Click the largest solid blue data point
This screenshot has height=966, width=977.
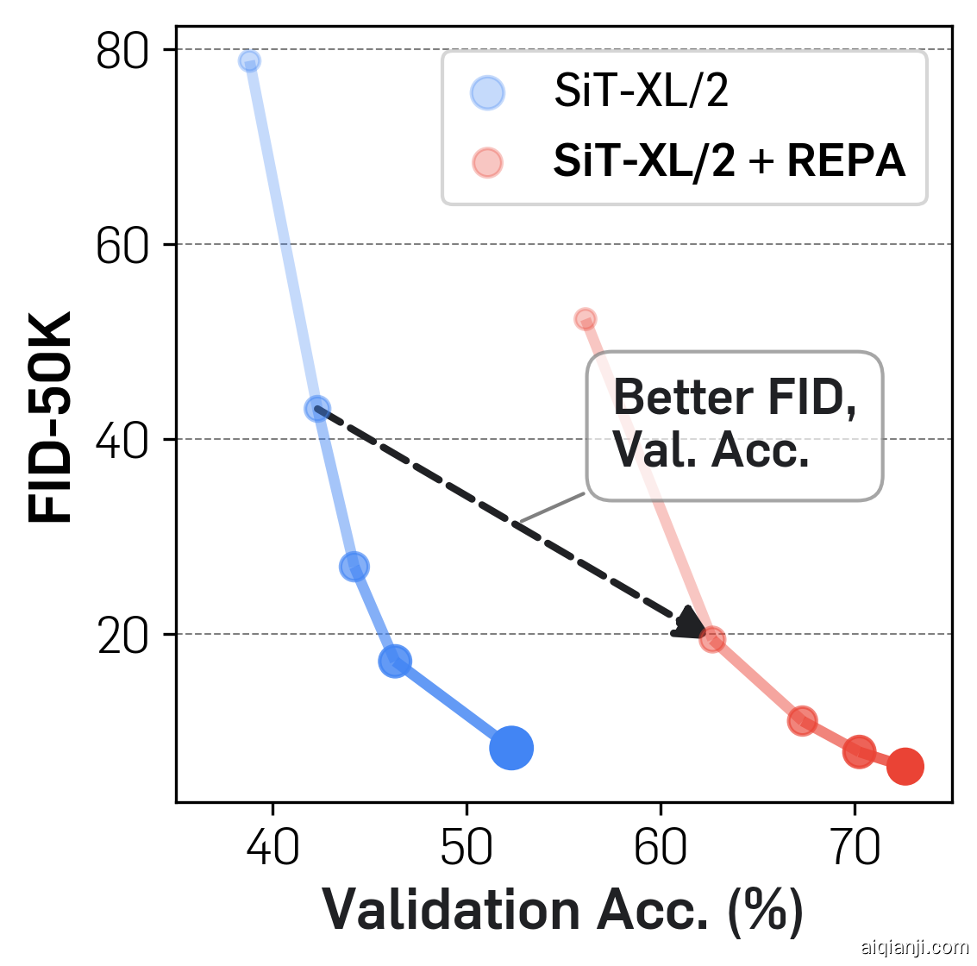511,748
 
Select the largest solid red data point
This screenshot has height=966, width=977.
905,766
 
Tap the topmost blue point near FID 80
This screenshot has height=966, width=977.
249,61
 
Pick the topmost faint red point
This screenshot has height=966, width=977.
586,319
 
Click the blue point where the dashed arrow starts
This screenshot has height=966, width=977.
317,409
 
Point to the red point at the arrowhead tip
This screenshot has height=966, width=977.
712,639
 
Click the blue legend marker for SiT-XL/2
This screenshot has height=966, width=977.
487,93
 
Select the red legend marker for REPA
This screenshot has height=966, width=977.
487,162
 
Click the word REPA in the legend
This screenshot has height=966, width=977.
846,160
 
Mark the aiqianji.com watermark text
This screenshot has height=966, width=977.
915,947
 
